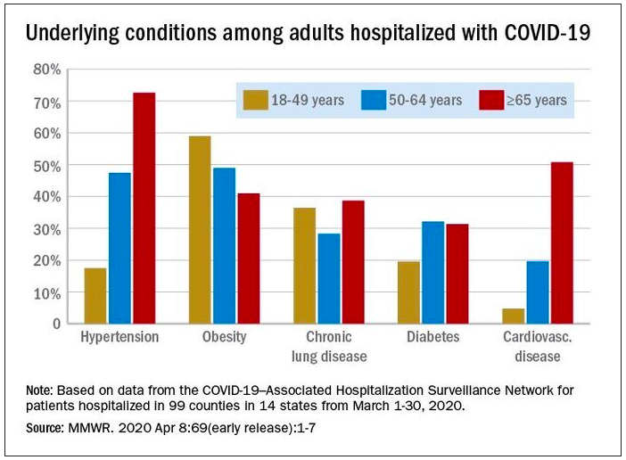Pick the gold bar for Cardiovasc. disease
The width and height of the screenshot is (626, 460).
pos(514,316)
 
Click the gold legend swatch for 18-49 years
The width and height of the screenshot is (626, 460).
pos(256,100)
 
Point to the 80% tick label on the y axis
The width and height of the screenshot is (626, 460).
pos(45,70)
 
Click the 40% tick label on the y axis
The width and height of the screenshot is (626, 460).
pos(45,197)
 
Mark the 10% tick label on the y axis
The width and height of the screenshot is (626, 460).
pos(45,292)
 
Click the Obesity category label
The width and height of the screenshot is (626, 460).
pos(225,338)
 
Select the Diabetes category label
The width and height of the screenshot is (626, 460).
pos(433,338)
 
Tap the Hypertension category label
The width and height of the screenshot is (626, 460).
pos(119,338)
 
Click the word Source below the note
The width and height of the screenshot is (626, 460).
pos(47,428)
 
